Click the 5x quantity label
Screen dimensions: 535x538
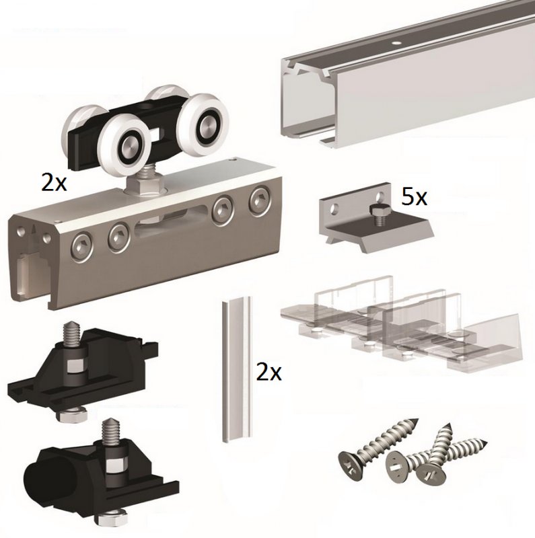pos(414,197)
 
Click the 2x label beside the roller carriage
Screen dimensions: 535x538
pos(54,182)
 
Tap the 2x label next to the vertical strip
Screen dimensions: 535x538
pos(269,373)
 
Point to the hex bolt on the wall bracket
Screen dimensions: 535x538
pos(378,215)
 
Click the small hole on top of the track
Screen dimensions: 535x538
pos(396,44)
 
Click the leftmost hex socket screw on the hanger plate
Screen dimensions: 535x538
pos(81,245)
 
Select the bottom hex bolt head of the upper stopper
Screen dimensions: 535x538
pos(72,414)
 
